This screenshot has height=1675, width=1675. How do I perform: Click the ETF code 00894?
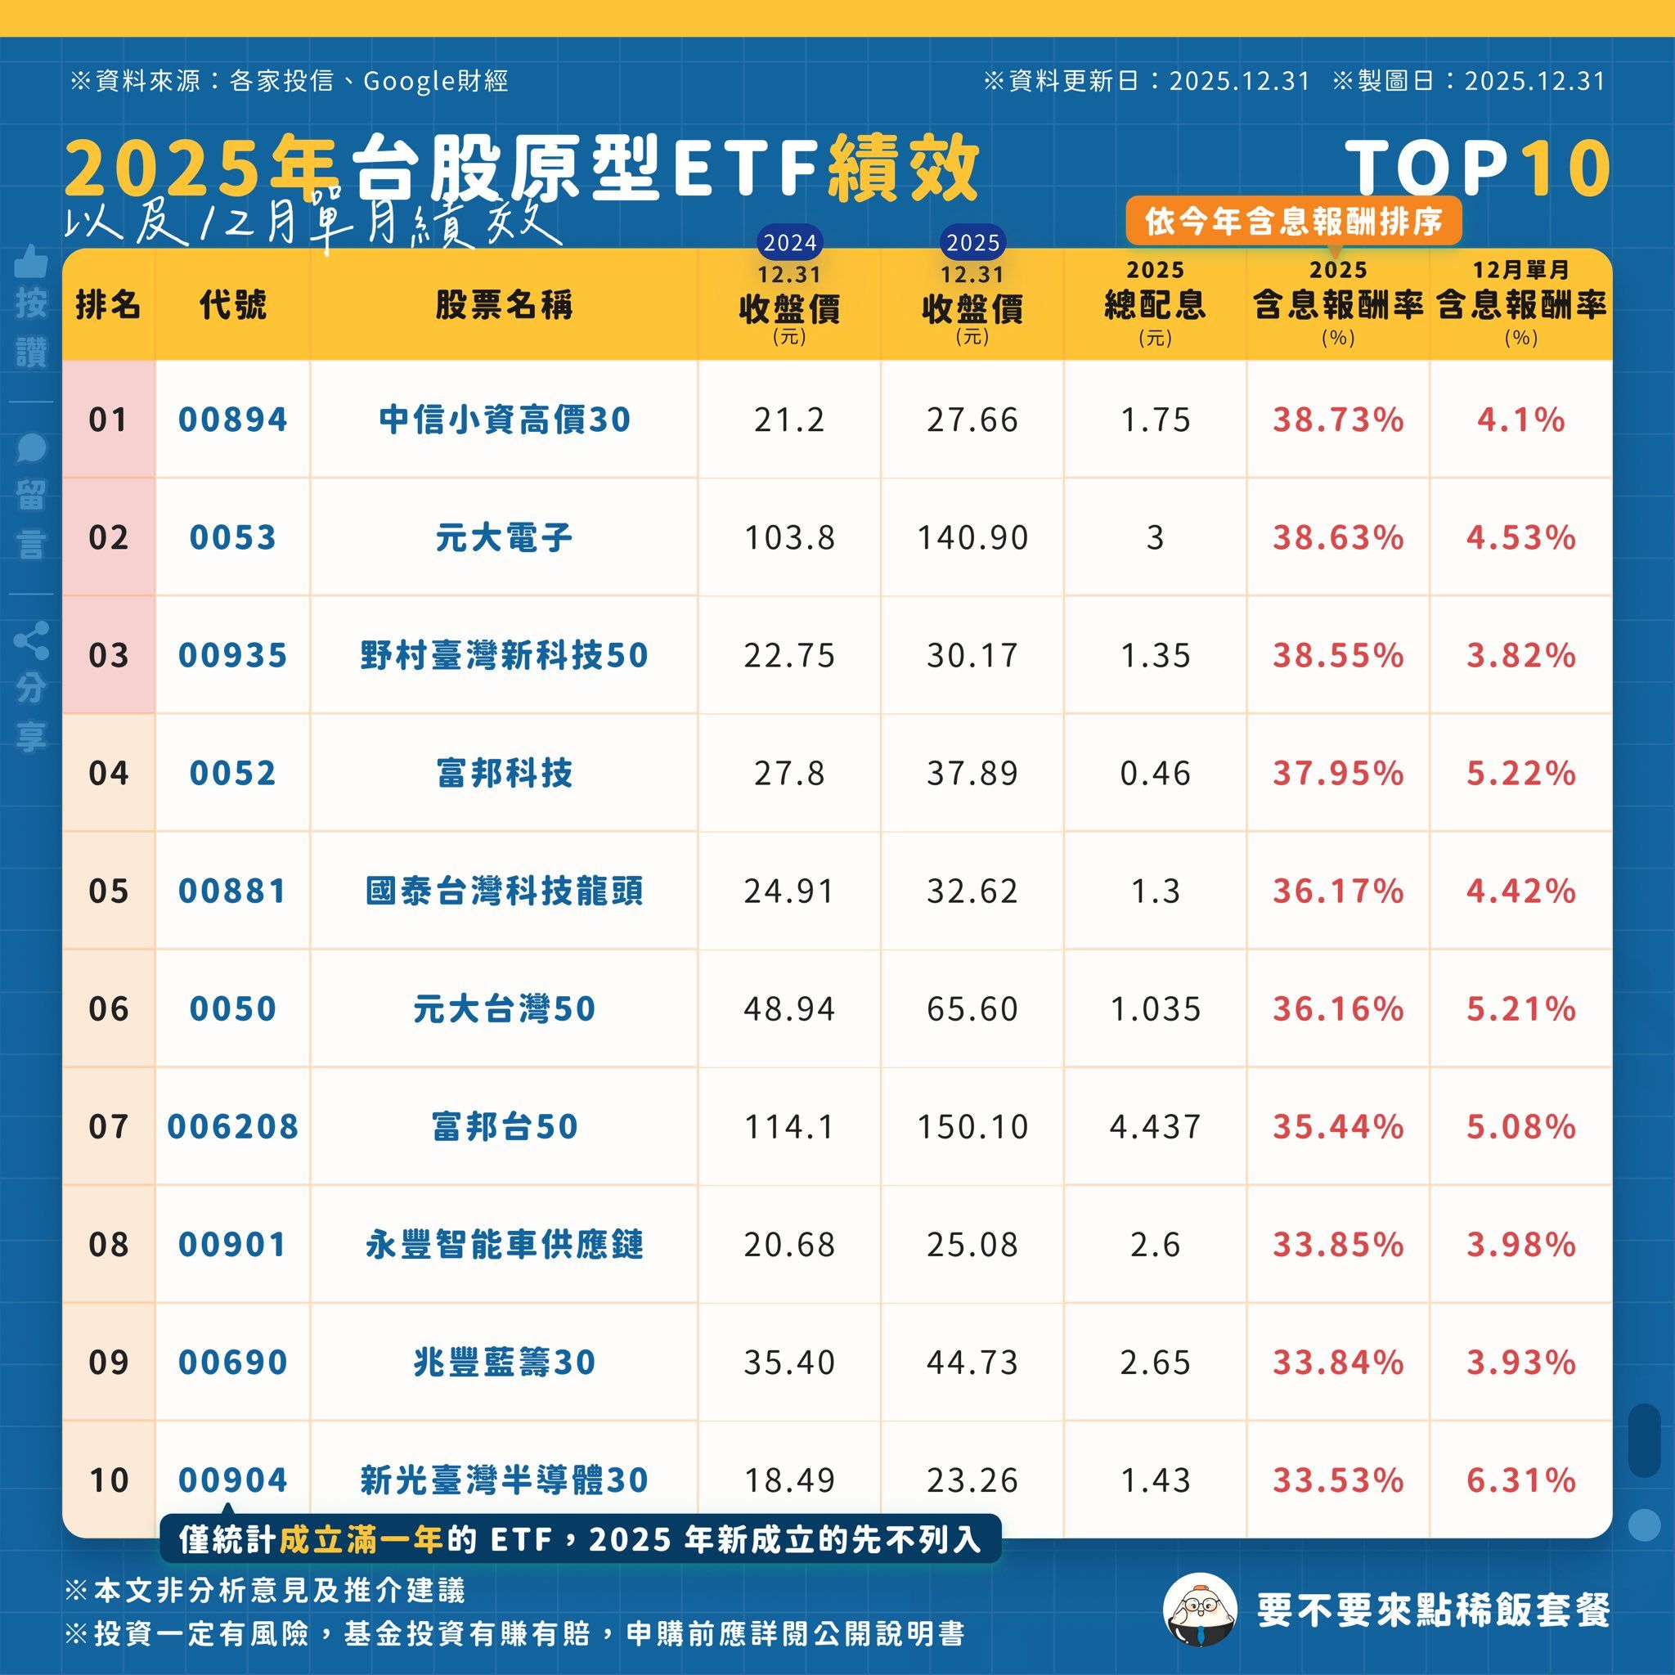(x=232, y=420)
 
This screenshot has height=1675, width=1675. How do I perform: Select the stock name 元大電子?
(x=504, y=537)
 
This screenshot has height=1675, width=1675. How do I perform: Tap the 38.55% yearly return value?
(x=1338, y=655)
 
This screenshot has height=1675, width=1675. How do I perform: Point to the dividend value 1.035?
(x=1155, y=1008)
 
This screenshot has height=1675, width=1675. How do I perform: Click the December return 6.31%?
(x=1520, y=1480)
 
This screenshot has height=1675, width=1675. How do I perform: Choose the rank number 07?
(x=109, y=1126)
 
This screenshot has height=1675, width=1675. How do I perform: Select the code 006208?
(x=232, y=1126)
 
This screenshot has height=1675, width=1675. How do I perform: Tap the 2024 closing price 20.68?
(x=789, y=1244)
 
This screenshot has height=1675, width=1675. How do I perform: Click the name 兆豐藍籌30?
(x=504, y=1362)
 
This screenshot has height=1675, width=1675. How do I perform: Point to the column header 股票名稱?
(x=504, y=305)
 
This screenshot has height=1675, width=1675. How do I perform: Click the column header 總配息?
(x=1155, y=305)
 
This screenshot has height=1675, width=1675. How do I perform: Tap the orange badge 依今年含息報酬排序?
(x=1294, y=222)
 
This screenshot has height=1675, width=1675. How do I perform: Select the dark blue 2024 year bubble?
(x=790, y=243)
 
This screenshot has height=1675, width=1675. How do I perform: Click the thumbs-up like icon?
(x=31, y=260)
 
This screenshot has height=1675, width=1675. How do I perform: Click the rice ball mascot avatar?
(x=1199, y=1610)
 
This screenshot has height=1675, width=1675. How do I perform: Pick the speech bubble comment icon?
(x=31, y=447)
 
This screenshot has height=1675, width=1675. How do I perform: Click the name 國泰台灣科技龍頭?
(x=504, y=891)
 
